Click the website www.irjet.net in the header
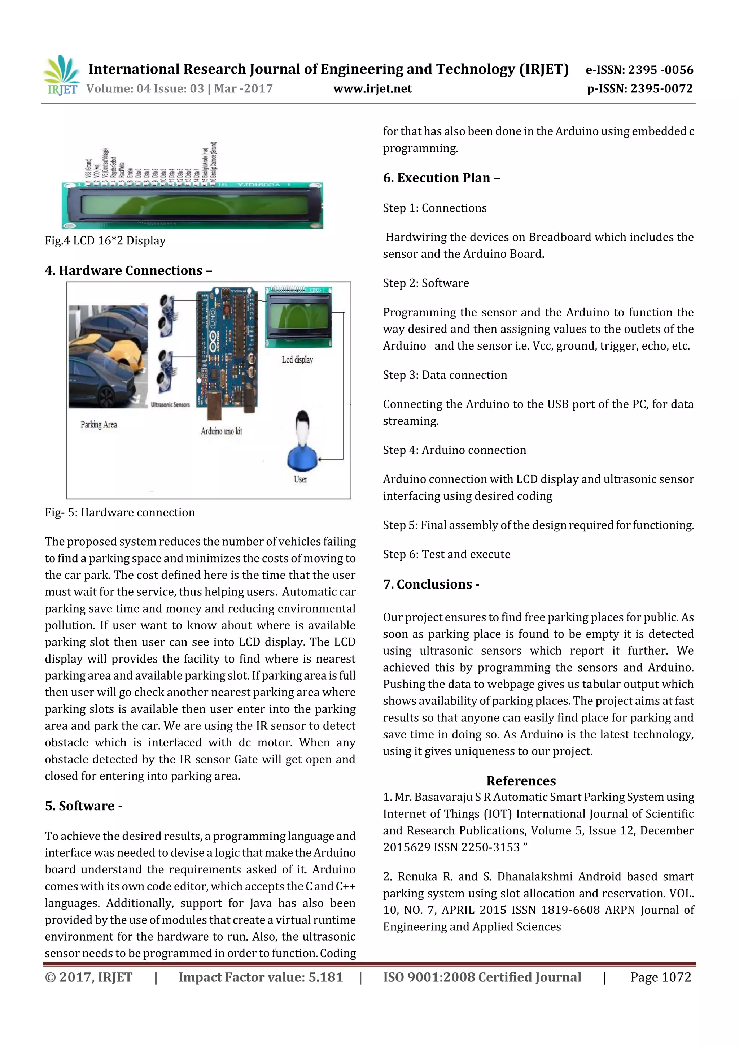(372, 88)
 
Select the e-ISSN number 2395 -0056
(660, 70)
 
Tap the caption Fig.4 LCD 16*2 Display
(105, 240)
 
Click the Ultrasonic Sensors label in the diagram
(170, 404)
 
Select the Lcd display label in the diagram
(297, 360)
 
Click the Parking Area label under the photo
(99, 425)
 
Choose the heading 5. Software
(83, 806)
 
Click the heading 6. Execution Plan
(441, 178)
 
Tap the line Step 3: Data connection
(445, 375)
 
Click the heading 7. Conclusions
(431, 584)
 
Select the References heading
(521, 781)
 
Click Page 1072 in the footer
(660, 977)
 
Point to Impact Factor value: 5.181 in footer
(261, 977)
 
